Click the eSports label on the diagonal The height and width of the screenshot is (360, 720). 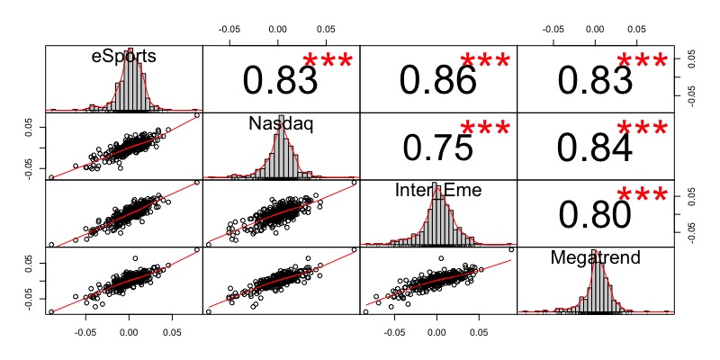coord(124,56)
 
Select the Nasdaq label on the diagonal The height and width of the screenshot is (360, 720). coord(281,124)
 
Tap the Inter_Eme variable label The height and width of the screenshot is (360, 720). coord(437,191)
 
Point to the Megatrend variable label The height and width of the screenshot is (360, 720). coord(595,258)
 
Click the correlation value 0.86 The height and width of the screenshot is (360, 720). coord(437,81)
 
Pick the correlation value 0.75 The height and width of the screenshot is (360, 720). coord(437,148)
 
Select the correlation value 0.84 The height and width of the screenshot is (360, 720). coord(595,148)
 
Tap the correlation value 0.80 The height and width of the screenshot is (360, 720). coord(595,214)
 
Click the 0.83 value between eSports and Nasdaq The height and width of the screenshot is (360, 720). coord(280,81)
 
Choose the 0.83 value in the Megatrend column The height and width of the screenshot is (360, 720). coord(595,81)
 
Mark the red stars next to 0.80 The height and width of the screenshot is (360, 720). coord(643,195)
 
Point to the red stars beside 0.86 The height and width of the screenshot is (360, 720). coord(486,61)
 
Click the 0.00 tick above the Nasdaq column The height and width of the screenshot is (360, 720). coord(278,28)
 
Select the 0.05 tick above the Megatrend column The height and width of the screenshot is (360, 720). coord(638,28)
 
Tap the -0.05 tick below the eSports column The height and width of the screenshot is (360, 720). coord(85,330)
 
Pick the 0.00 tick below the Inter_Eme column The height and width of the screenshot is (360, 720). coord(436,330)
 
